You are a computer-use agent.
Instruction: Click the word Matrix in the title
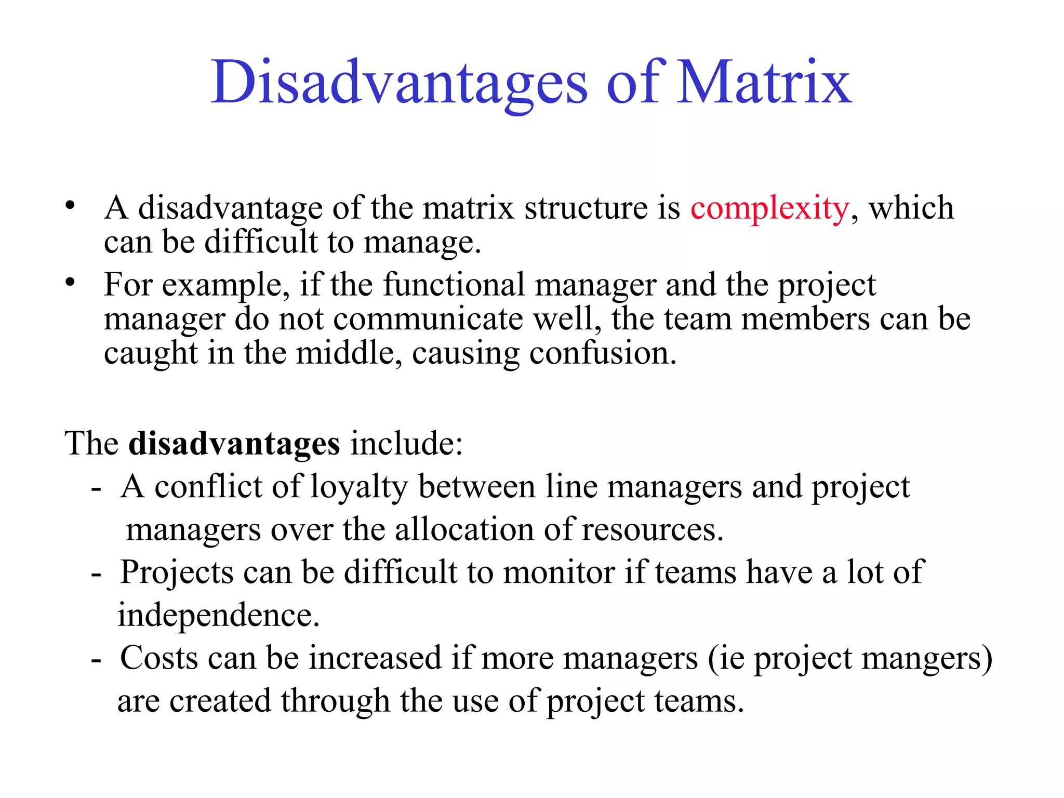[765, 82]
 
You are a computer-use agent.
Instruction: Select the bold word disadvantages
[234, 444]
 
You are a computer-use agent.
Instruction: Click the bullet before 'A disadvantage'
[70, 206]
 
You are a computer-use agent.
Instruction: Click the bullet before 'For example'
[70, 283]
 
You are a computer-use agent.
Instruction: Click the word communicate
[428, 320]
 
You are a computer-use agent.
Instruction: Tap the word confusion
[603, 354]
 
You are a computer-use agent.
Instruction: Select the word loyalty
[360, 488]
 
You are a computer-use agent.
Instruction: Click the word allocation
[464, 530]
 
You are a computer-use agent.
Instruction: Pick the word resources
[653, 530]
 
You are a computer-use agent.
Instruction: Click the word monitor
[558, 573]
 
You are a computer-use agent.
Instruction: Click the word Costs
[159, 659]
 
